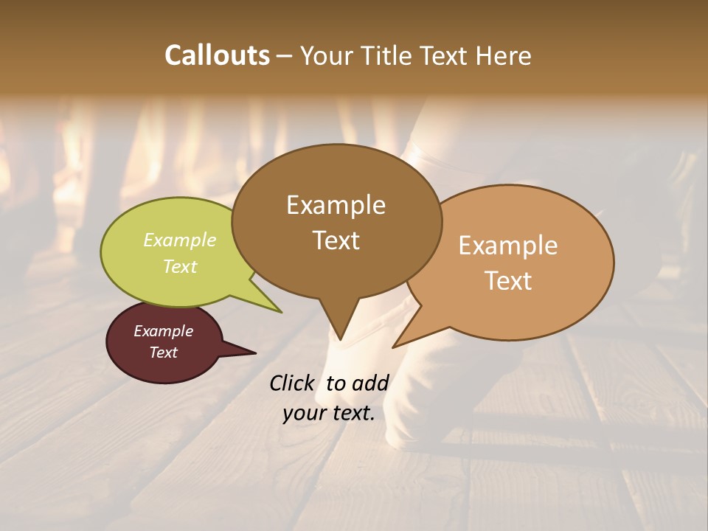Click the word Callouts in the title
(217, 55)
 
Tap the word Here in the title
(502, 55)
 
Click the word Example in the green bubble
(180, 240)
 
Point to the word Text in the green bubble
(180, 266)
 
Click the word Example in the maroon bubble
(164, 331)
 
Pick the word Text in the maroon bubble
(164, 353)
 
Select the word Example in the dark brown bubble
(336, 205)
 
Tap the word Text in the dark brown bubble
(336, 240)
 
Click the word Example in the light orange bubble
(508, 246)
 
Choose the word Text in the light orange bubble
(508, 281)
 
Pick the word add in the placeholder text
(370, 383)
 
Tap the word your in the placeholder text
(303, 413)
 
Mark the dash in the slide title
(285, 56)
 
